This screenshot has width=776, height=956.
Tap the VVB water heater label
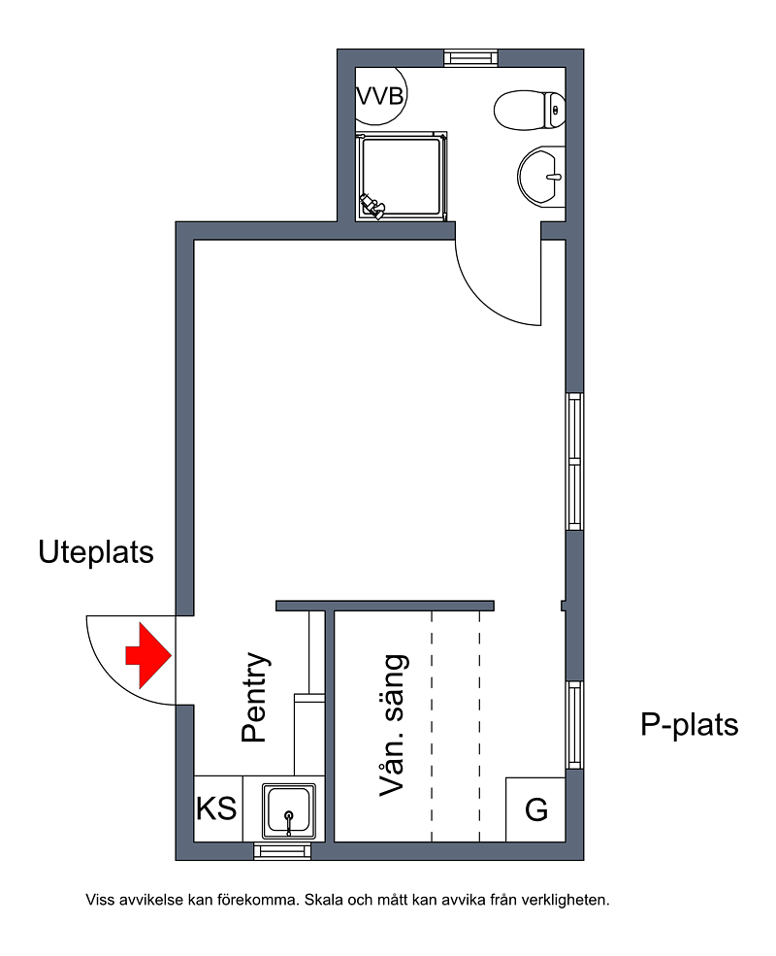pos(380,96)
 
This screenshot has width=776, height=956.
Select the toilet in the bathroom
pos(530,111)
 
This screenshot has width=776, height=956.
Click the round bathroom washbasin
pos(541,177)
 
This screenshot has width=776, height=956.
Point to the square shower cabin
pos(402,177)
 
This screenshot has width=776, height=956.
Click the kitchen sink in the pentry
pos(289,810)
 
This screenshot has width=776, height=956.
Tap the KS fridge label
pos(216,809)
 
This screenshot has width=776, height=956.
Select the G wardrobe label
pos(536,809)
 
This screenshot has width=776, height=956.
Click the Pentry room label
pos(255,697)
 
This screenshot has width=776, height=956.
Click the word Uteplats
pos(96,552)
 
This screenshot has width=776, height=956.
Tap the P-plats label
pos(689,724)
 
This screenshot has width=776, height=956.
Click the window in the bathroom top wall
pos(470,58)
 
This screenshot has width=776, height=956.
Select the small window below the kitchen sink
pos(282,851)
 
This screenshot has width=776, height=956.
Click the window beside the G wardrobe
pos(575,725)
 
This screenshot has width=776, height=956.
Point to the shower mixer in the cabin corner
pos(371,206)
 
